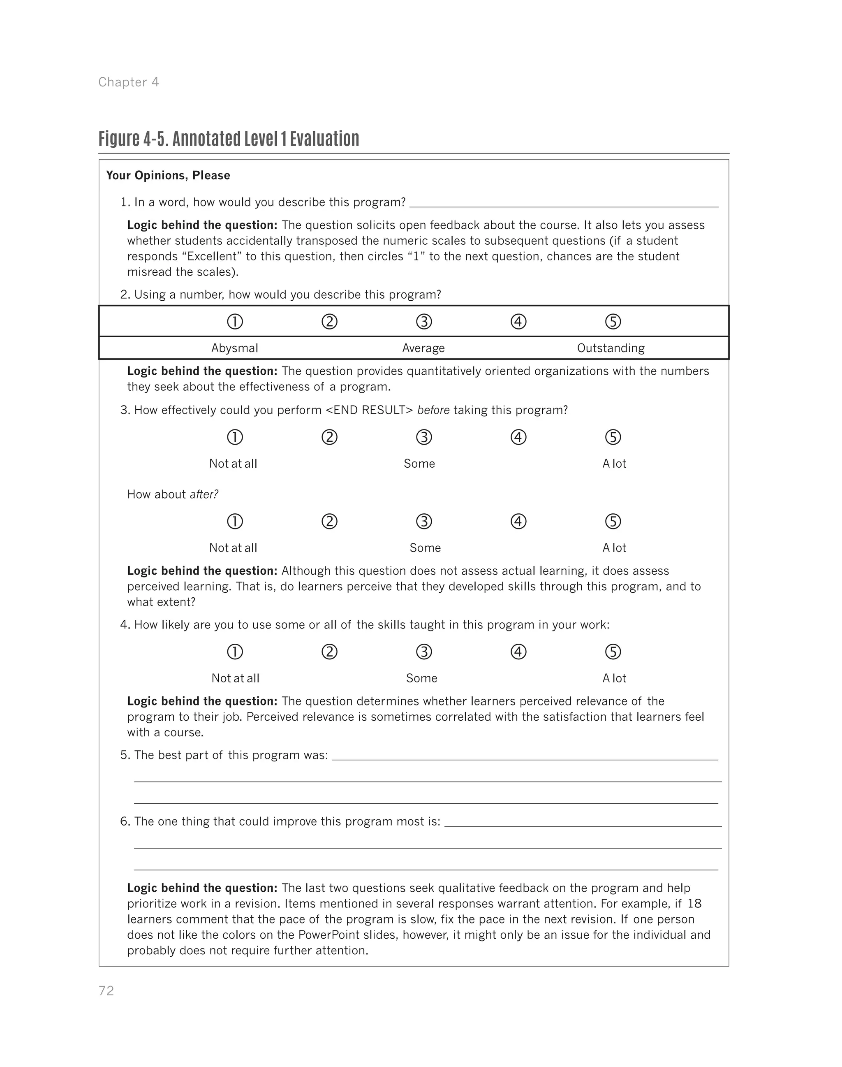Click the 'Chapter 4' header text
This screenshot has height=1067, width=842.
tap(129, 82)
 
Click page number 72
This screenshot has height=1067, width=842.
tap(106, 991)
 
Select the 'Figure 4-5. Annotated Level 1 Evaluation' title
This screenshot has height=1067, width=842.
tap(229, 139)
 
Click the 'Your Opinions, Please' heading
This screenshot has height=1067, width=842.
tap(168, 176)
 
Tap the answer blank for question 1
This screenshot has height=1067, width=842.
tap(564, 203)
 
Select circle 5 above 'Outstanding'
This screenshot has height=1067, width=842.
tap(613, 322)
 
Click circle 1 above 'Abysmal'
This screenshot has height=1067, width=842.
tap(235, 322)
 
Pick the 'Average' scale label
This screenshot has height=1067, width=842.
tap(423, 348)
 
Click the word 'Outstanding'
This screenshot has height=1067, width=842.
tap(611, 348)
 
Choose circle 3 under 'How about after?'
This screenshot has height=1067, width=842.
tap(424, 522)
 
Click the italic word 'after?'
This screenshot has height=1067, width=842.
tap(204, 495)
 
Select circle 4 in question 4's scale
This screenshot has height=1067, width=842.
tap(518, 652)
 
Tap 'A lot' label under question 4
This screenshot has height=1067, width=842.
tap(614, 678)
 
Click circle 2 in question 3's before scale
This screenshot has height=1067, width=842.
tap(329, 438)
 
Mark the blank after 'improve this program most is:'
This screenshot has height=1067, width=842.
tap(583, 822)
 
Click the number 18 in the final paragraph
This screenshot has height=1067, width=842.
tap(694, 904)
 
